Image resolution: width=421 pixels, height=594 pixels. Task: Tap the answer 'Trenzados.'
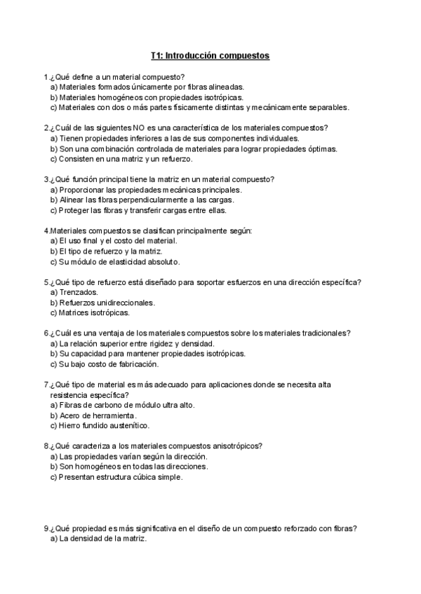(x=79, y=292)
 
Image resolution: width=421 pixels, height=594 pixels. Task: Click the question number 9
(x=46, y=528)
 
